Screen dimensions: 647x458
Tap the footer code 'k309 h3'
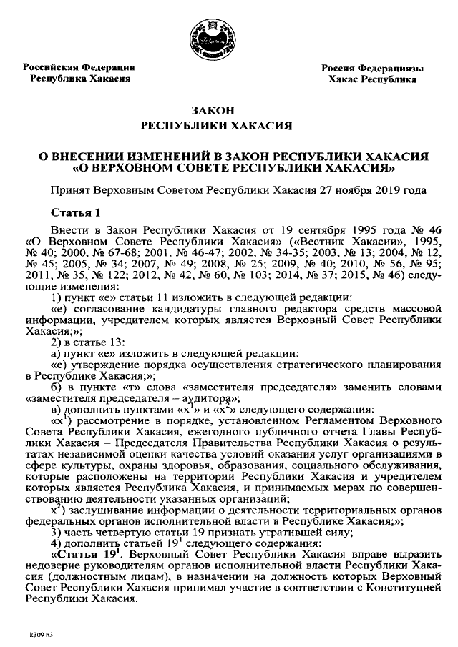click(44, 632)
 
